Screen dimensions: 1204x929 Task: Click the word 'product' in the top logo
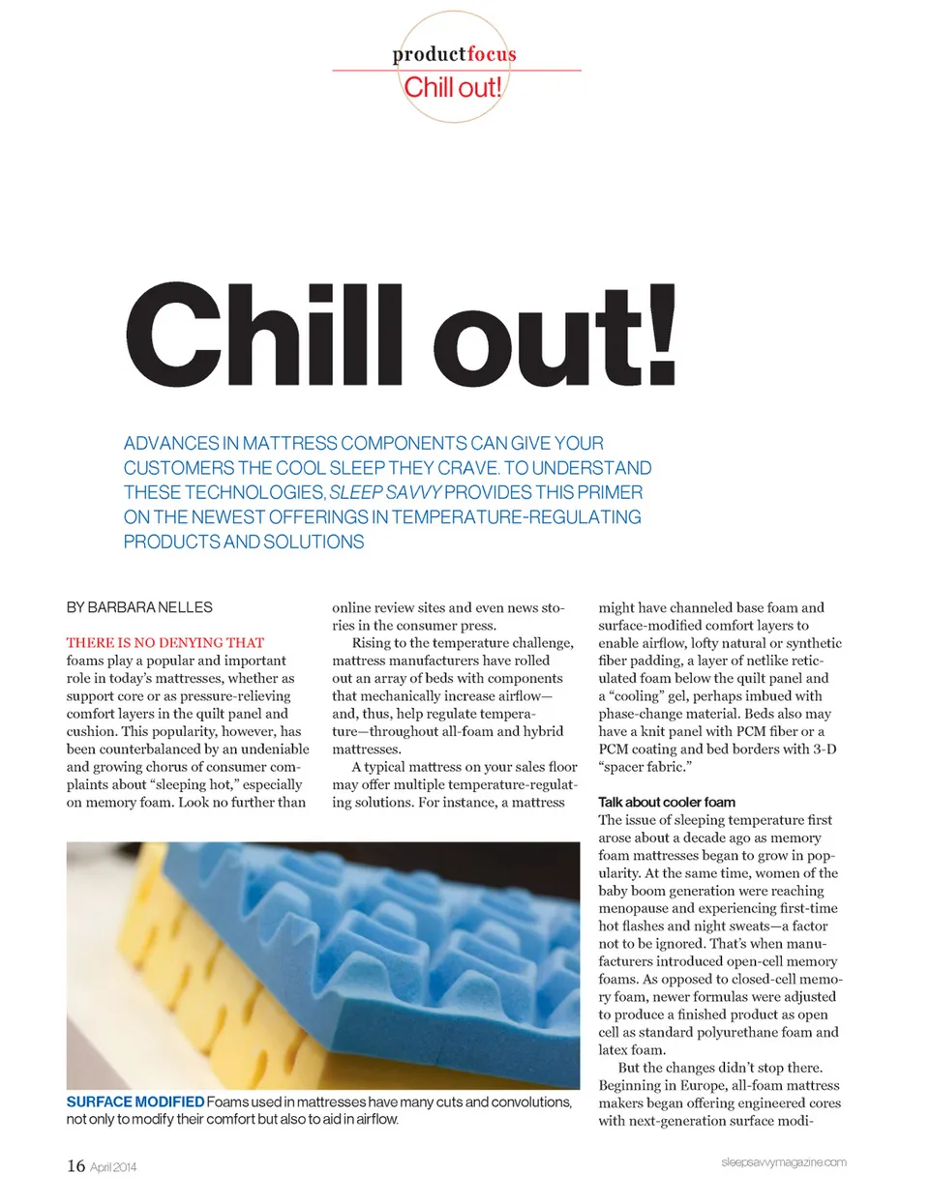429,54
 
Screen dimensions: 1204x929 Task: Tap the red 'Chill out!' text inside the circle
453,87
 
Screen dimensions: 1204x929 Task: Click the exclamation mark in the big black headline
662,334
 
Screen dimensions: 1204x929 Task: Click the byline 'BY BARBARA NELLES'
139,607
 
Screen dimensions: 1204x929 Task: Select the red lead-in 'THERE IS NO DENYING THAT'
165,642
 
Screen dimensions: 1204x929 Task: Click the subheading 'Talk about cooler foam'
667,802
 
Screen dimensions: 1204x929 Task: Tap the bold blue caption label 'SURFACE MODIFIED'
135,1101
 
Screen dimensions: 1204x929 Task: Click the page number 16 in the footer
75,1165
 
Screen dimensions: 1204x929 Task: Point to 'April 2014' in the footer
113,1167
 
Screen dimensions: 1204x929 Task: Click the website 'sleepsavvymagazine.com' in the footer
783,1161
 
